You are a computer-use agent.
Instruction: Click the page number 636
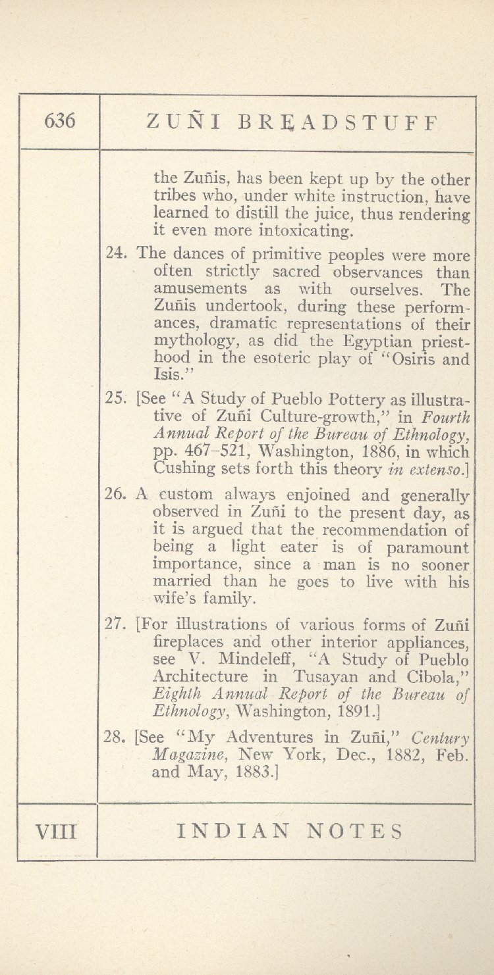60,121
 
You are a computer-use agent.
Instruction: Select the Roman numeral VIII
57,832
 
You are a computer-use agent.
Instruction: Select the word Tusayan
326,676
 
